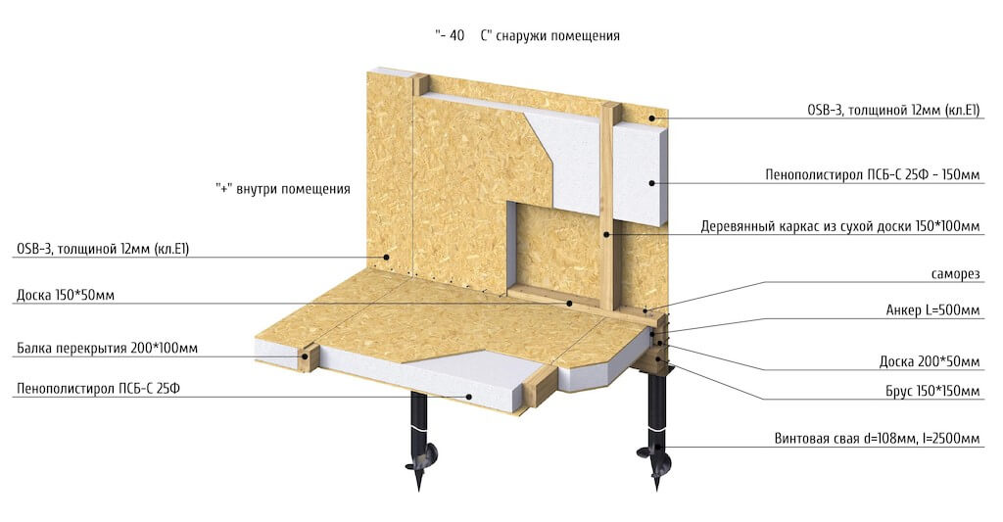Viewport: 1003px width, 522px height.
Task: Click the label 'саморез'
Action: coord(954,274)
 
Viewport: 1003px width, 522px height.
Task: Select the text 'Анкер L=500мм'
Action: coord(932,310)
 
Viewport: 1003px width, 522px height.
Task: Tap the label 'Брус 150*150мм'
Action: coord(932,391)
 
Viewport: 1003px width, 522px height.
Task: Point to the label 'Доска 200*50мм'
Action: coord(930,361)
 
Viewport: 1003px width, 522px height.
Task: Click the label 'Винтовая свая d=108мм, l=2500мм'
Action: coord(877,438)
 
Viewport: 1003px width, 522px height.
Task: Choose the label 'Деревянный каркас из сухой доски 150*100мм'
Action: coord(839,226)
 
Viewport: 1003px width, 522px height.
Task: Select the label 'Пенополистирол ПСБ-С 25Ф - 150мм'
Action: coord(873,174)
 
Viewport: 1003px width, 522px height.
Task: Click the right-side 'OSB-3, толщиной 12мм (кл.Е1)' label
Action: coord(893,110)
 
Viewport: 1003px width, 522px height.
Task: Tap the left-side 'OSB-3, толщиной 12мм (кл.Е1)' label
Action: coord(103,249)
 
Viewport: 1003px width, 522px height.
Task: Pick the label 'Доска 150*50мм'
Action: coord(66,295)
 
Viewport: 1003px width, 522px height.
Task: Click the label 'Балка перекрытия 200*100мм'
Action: coord(107,348)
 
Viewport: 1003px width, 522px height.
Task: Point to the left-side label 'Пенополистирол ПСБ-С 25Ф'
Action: coord(99,388)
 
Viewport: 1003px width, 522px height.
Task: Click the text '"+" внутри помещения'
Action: coord(283,189)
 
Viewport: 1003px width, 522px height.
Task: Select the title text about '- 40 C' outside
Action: coord(527,35)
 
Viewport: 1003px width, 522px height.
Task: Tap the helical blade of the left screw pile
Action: coord(421,456)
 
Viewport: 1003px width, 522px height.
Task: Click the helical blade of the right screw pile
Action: coord(653,452)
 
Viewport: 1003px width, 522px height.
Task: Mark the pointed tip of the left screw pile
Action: coord(419,489)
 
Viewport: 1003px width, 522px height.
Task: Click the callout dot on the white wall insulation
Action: coord(651,183)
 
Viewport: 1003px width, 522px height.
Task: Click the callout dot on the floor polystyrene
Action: coord(470,397)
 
